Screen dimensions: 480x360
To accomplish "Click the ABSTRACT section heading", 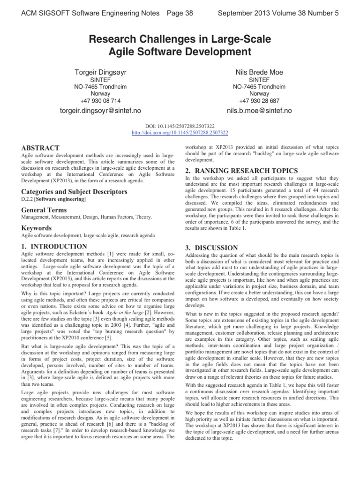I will [40, 148].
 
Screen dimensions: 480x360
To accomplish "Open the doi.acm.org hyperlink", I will [180, 133].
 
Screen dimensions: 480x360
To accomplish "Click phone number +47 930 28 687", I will [258, 100].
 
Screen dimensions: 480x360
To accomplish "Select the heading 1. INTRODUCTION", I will [54, 246].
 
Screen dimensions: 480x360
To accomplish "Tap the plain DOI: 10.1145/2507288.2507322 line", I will [180, 126].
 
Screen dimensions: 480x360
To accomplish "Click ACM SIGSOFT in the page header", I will [45, 13].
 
